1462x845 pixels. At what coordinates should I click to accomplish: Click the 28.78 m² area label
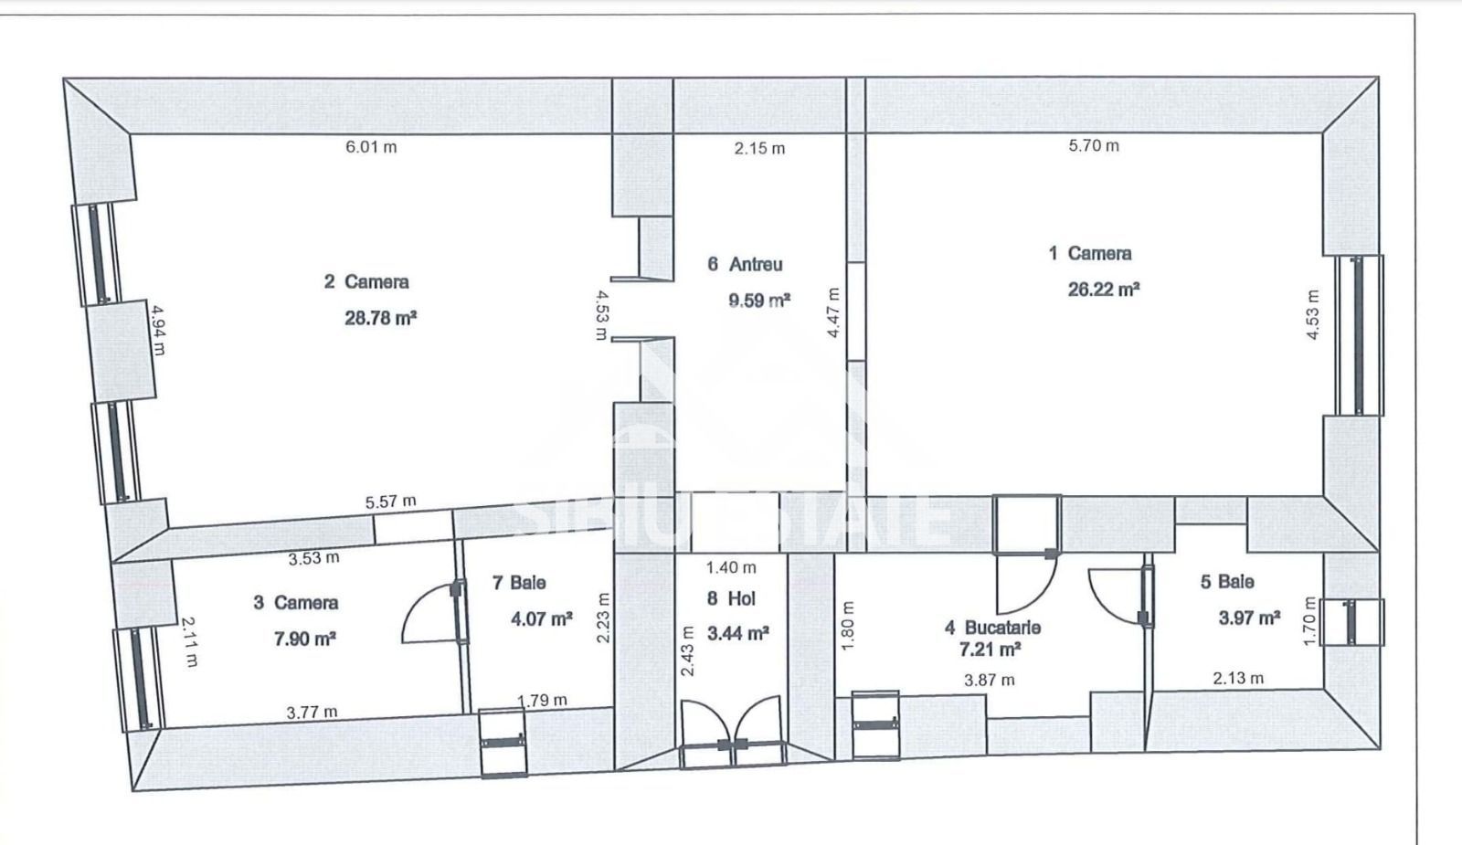[x=380, y=318]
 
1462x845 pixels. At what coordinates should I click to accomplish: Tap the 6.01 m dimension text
[x=371, y=147]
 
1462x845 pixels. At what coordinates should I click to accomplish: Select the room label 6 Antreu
[x=745, y=264]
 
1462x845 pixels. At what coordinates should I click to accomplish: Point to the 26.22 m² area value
[x=1104, y=289]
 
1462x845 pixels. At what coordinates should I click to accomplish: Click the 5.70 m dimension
[x=1094, y=145]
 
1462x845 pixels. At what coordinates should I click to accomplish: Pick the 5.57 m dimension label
[x=390, y=502]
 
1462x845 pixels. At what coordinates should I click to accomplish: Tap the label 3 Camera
[x=296, y=602]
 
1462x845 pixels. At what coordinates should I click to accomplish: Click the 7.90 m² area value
[x=305, y=639]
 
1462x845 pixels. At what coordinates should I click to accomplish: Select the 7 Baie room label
[x=519, y=583]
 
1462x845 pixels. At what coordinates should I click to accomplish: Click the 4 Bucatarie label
[x=992, y=628]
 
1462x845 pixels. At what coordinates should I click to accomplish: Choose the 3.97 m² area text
[x=1249, y=618]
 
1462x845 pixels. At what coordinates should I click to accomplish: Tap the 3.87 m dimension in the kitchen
[x=990, y=681]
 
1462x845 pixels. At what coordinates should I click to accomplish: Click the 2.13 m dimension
[x=1238, y=679]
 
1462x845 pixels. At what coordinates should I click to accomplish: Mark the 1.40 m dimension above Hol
[x=731, y=567]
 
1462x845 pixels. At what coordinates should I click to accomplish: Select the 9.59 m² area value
[x=759, y=301]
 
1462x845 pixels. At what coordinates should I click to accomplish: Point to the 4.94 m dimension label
[x=159, y=330]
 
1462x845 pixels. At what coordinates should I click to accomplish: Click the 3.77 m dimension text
[x=312, y=712]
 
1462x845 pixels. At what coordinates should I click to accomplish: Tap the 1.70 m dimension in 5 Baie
[x=1309, y=622]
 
